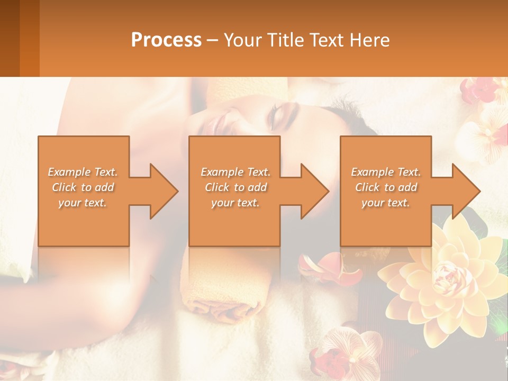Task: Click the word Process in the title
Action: (166, 40)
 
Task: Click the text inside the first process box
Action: (83, 187)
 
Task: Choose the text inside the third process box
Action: (386, 187)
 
